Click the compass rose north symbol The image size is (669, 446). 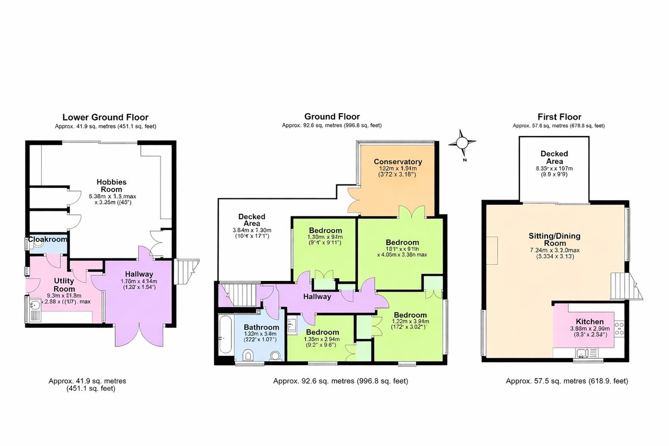click(462, 143)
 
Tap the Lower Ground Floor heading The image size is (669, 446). click(105, 117)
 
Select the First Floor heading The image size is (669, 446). click(559, 117)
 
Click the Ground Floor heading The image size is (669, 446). click(332, 117)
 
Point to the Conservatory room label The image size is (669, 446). click(397, 162)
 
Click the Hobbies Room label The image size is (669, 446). click(111, 186)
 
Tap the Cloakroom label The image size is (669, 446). click(48, 239)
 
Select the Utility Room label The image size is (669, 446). click(64, 285)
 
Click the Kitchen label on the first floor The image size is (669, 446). click(589, 322)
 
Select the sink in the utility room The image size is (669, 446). click(35, 306)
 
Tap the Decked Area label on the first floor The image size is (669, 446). click(554, 157)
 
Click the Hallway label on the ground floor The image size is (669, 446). click(317, 297)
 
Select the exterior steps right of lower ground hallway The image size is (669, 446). click(186, 270)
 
